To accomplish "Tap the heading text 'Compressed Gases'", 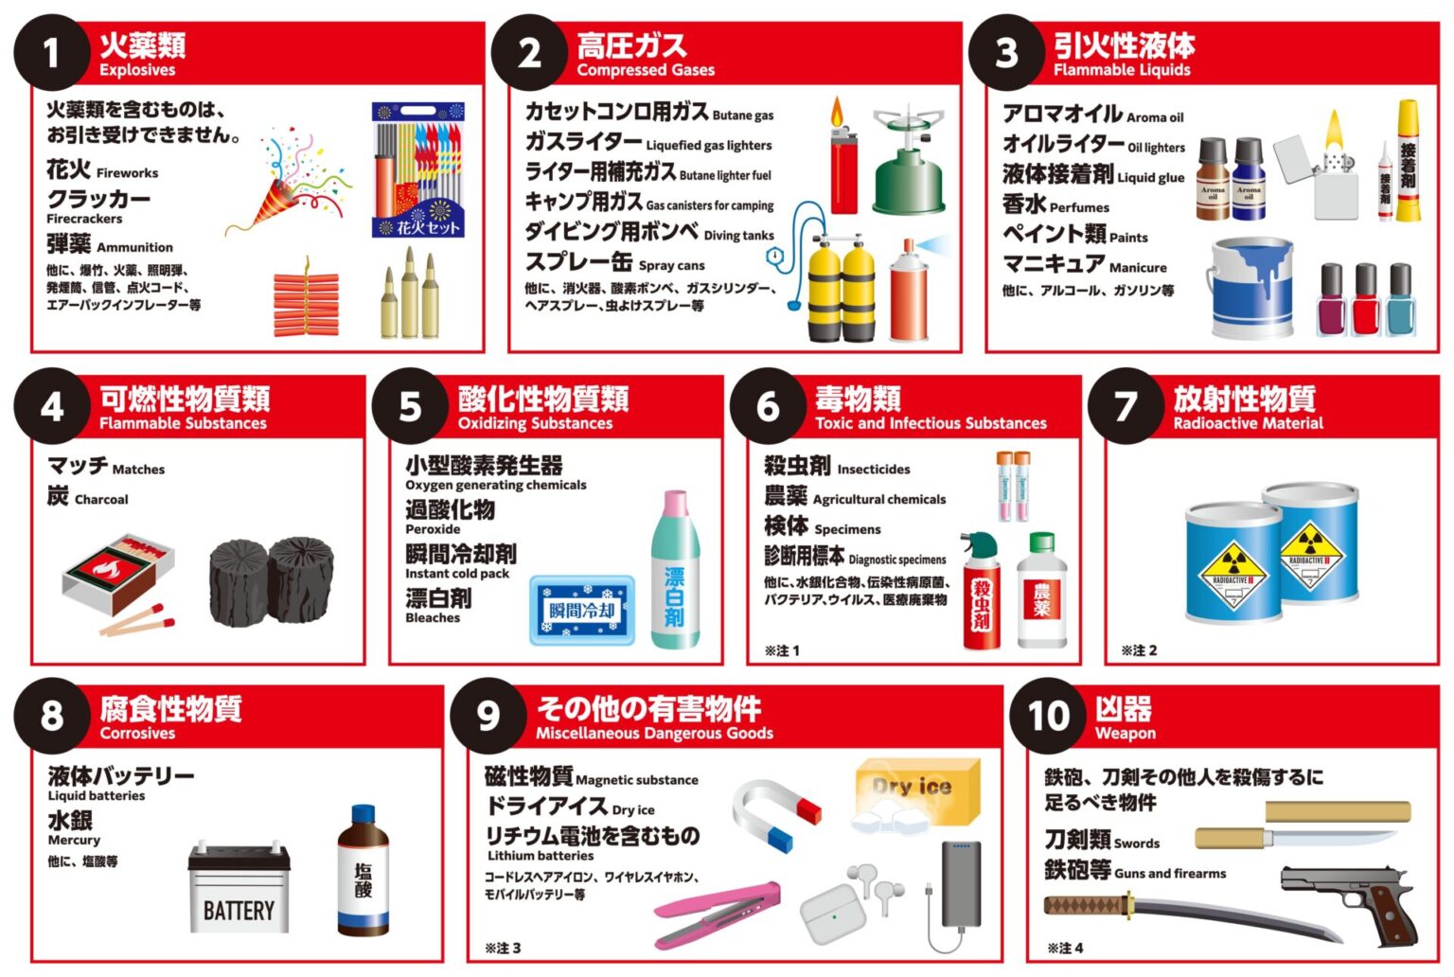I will pyautogui.click(x=646, y=70).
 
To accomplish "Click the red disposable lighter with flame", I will pyautogui.click(x=842, y=161).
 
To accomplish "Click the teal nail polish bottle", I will pyautogui.click(x=1400, y=300).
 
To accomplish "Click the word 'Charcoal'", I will pyautogui.click(x=101, y=500).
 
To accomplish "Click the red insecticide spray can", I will pyautogui.click(x=981, y=592).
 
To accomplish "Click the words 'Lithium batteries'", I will pyautogui.click(x=541, y=856).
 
